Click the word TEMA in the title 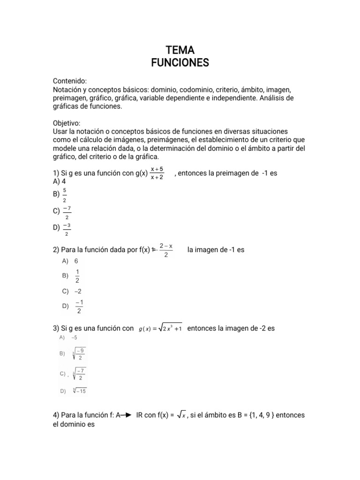click(180, 50)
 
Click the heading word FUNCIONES click(180, 63)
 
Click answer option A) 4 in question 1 click(59, 181)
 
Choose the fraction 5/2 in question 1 click(65, 195)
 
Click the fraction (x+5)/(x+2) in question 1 click(157, 173)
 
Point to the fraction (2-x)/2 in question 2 click(166, 250)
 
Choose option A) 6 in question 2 click(70, 261)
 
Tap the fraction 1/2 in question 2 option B click(77, 276)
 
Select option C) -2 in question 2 click(72, 291)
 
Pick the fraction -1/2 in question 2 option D click(78, 306)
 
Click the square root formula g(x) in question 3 click(160, 329)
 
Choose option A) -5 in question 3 click(68, 337)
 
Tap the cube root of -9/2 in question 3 click(79, 354)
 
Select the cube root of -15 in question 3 click(80, 390)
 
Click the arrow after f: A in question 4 click(125, 415)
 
